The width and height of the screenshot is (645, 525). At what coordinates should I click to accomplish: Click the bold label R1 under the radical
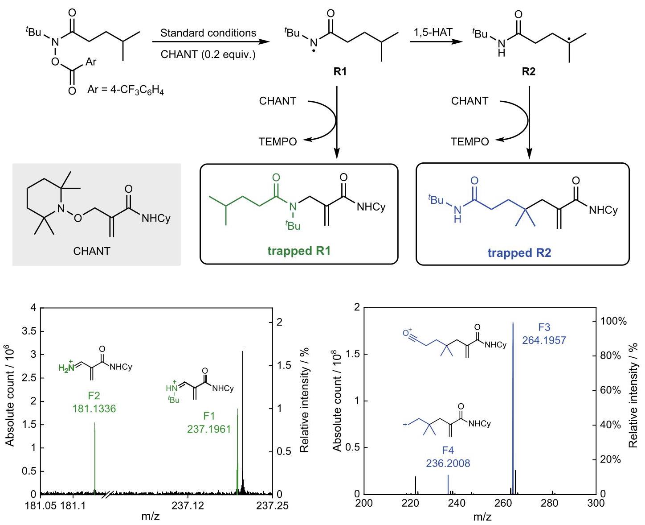tap(340, 71)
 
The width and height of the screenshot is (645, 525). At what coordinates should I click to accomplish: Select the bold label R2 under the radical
tap(528, 71)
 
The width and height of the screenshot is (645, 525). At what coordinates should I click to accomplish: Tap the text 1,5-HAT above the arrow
tap(433, 32)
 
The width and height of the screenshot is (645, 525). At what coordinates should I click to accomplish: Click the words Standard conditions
tap(208, 33)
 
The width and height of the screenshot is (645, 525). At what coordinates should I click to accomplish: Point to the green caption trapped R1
tap(299, 251)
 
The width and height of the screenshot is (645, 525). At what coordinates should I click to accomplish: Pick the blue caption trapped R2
tap(519, 252)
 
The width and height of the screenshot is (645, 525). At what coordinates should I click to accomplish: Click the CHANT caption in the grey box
tap(92, 251)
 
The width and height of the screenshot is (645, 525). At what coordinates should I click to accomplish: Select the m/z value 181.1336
tap(94, 409)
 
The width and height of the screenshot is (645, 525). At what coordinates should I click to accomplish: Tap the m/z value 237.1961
tap(209, 429)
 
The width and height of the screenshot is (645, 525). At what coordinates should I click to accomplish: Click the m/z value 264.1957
tap(544, 340)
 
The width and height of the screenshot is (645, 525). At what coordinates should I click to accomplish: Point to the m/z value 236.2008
tap(448, 463)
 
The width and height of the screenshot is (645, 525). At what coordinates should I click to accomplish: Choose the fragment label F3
tap(544, 327)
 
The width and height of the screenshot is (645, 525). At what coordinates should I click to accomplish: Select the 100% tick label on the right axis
tap(613, 321)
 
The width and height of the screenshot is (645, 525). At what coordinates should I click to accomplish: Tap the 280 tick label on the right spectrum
tap(549, 503)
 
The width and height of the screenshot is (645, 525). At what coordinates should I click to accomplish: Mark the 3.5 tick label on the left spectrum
tap(29, 331)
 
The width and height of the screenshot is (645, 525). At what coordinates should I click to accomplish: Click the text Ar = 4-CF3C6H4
tap(125, 90)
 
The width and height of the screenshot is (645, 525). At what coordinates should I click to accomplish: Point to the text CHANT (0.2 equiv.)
tap(208, 54)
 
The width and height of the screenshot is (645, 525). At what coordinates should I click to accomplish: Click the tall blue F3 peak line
tap(513, 408)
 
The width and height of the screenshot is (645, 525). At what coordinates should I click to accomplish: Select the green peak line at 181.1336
tap(95, 458)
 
